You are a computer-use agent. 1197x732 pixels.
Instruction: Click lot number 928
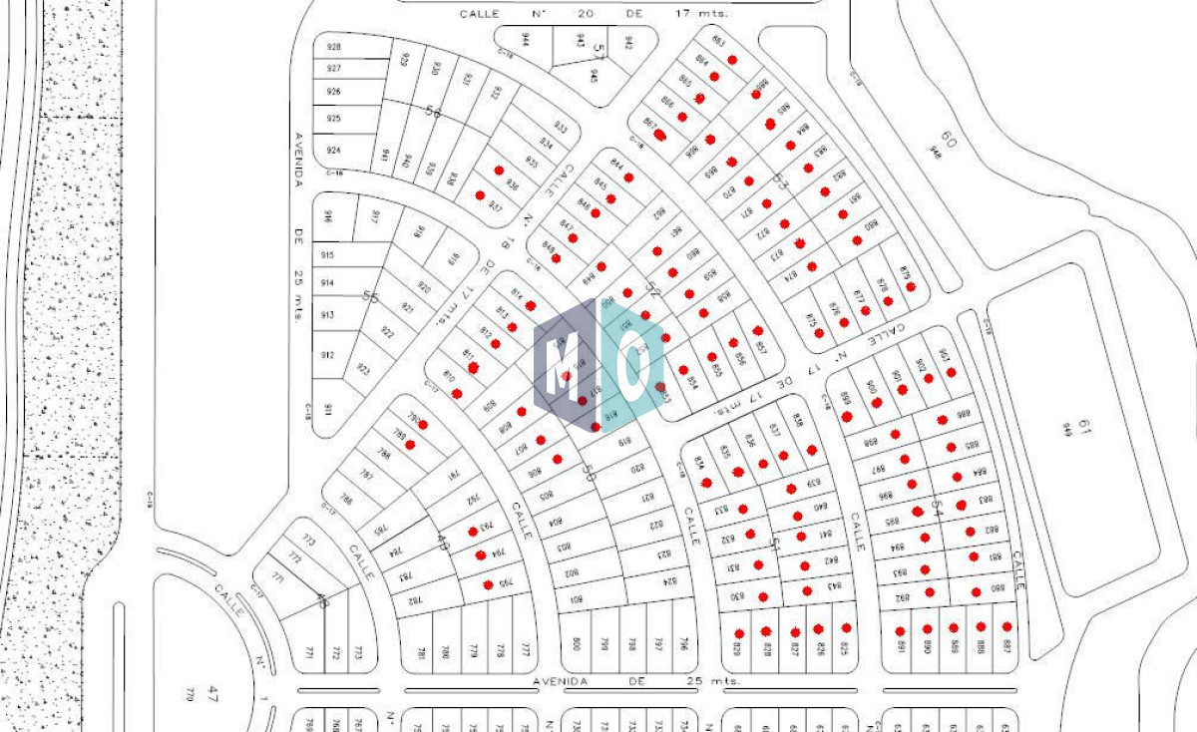(334, 47)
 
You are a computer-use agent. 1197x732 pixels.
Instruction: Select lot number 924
(334, 151)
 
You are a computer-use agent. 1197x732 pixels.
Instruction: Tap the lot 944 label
(524, 39)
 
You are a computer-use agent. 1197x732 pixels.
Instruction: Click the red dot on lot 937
(480, 194)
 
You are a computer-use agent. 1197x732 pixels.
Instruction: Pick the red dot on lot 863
(732, 60)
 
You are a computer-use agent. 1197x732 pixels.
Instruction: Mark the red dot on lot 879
(910, 286)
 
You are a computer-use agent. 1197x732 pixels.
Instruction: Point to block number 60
(948, 140)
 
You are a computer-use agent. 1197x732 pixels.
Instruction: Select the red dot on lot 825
(846, 628)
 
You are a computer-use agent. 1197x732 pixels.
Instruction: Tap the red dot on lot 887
(1007, 626)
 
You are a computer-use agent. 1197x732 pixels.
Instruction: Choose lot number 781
(421, 653)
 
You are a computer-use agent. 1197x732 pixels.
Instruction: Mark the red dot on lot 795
(489, 584)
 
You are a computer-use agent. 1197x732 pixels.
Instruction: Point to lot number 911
(328, 409)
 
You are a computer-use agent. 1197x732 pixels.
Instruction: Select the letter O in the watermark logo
(632, 365)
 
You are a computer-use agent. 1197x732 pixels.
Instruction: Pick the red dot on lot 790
(423, 424)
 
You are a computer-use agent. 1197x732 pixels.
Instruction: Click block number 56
(432, 112)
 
